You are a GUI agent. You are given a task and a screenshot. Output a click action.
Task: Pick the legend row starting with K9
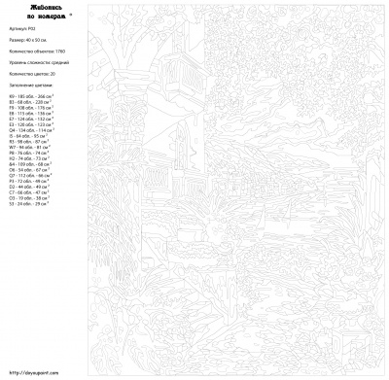coord(30,96)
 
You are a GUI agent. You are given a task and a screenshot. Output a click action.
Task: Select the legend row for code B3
coord(29,102)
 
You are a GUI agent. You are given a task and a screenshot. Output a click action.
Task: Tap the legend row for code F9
coord(30,108)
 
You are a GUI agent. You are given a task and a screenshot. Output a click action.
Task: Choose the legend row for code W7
coord(28,147)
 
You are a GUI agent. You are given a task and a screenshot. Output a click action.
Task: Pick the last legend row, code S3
coord(27,204)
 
